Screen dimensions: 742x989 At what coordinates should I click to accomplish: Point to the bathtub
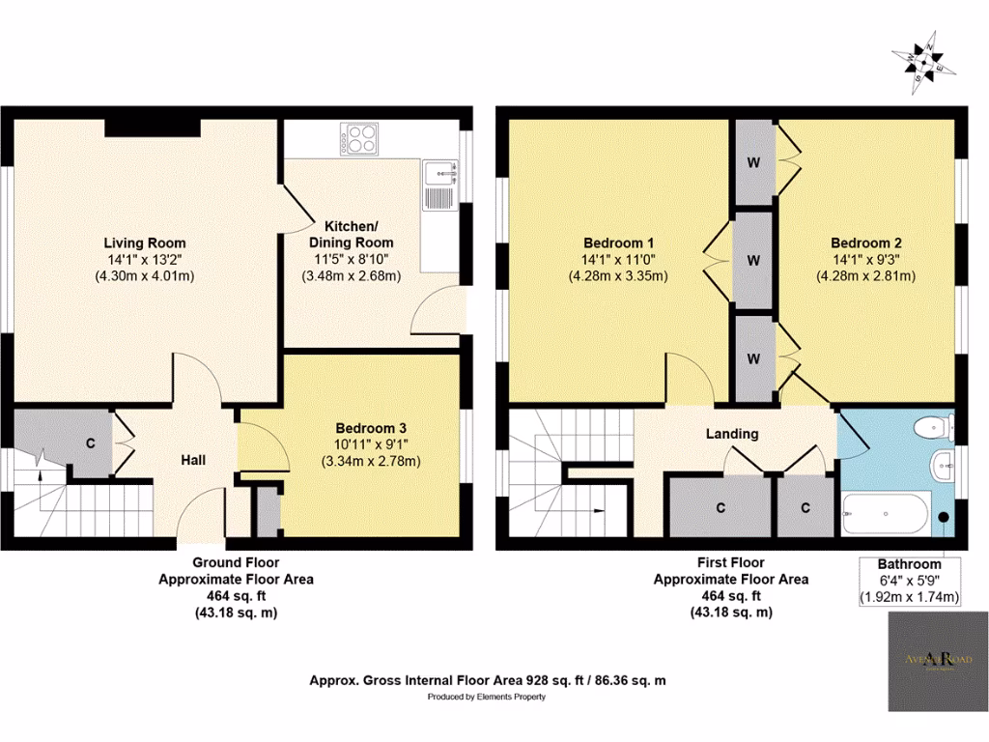pos(885,514)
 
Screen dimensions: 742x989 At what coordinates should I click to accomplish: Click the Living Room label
pos(145,243)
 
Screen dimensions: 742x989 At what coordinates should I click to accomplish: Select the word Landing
pos(731,434)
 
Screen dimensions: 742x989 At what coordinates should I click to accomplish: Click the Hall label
pos(194,460)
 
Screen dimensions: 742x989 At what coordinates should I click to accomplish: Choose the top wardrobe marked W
pos(752,161)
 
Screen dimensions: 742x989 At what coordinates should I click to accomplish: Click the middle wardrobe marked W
pos(752,260)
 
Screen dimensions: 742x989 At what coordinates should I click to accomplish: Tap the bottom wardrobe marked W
pos(752,357)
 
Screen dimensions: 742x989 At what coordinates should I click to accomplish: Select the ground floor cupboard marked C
pos(90,443)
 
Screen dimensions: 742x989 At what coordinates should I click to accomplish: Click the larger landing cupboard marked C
pos(720,506)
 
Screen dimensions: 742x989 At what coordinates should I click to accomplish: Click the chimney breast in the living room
pos(152,128)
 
